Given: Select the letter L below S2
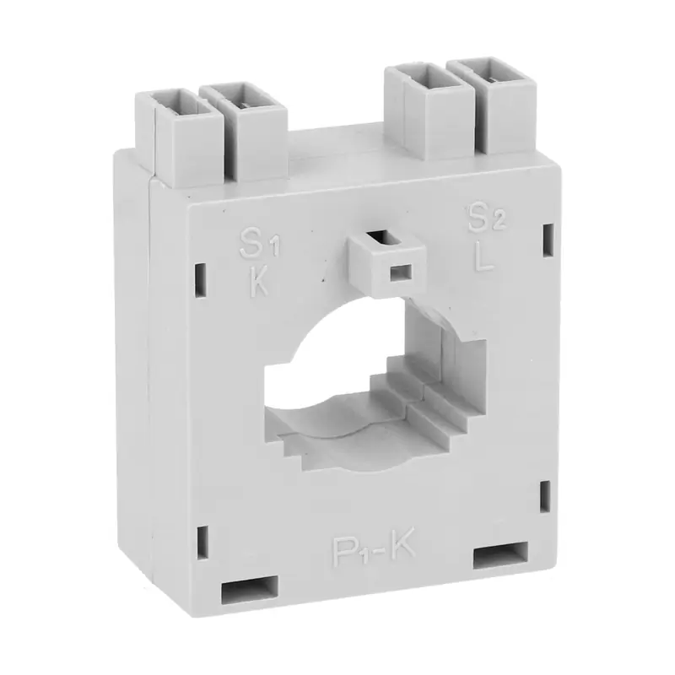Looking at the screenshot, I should point(484,256).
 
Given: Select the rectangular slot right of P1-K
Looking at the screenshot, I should point(501,558).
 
